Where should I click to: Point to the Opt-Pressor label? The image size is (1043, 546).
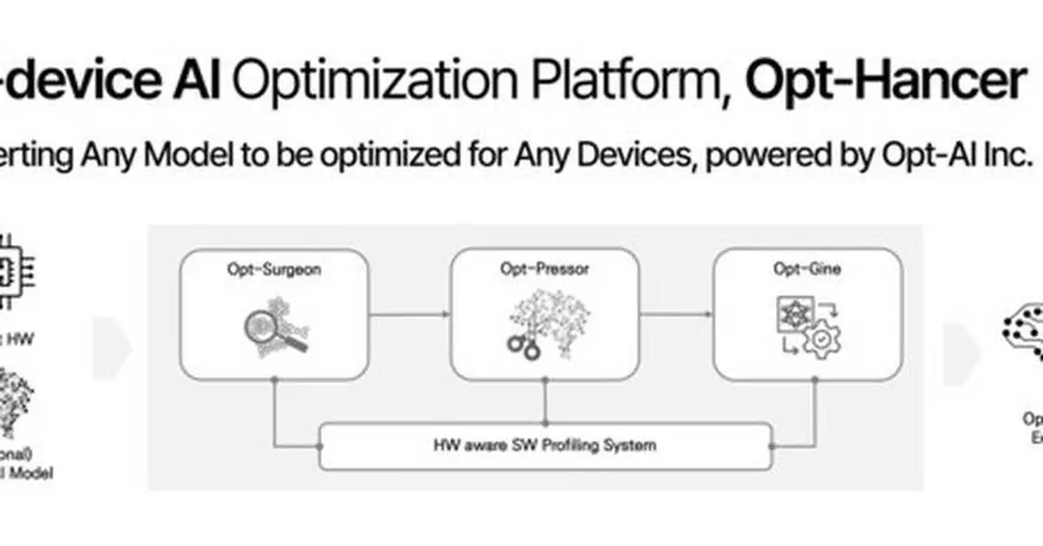click(544, 270)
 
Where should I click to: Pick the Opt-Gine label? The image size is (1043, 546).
click(807, 270)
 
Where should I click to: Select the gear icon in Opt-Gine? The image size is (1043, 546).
click(820, 341)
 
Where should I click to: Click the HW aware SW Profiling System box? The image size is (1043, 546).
click(545, 445)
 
